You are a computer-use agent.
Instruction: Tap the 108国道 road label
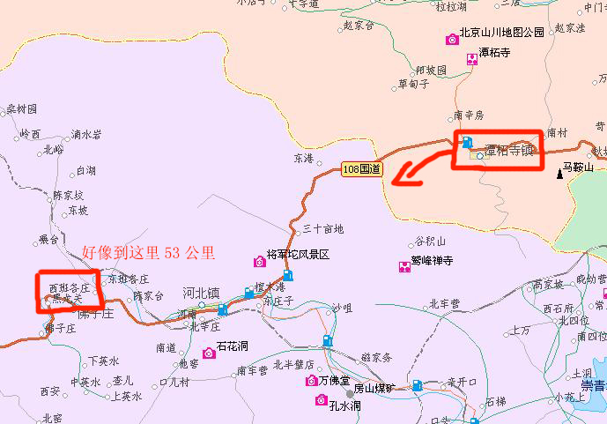[x=362, y=168]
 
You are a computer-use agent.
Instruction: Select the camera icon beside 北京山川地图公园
[x=452, y=39]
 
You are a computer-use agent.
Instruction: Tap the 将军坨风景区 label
[x=298, y=254]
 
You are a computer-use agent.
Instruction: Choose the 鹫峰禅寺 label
[x=432, y=261]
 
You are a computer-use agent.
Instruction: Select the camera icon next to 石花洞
[x=209, y=353]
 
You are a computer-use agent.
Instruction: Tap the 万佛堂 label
[x=335, y=380]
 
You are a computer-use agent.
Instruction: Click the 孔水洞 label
[x=344, y=405]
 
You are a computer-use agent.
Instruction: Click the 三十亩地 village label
[x=323, y=229]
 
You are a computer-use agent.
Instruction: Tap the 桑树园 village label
[x=22, y=109]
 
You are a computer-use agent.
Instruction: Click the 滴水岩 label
[x=87, y=134]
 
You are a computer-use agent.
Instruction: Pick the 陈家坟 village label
[x=69, y=195]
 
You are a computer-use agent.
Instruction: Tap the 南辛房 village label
[x=470, y=115]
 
